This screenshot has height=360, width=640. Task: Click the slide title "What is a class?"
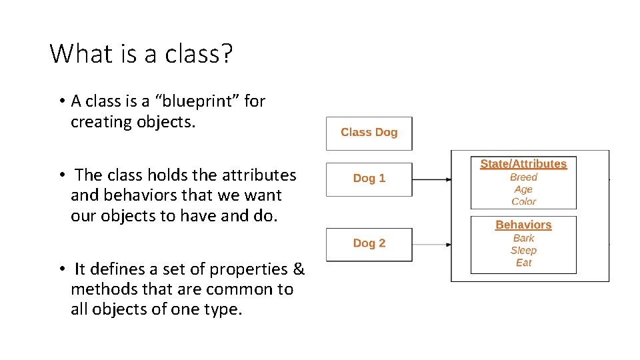point(141,53)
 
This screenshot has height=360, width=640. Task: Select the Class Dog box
point(369,133)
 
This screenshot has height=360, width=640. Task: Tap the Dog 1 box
point(369,179)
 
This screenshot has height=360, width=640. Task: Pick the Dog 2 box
point(369,243)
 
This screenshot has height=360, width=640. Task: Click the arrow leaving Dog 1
point(432,179)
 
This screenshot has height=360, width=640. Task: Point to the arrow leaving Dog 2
point(432,244)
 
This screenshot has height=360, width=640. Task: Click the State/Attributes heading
point(523,164)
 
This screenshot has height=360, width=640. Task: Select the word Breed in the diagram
point(523,177)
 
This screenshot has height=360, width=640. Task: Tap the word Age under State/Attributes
point(523,189)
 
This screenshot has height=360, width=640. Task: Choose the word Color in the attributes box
point(523,201)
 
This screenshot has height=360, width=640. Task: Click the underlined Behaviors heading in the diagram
point(523,225)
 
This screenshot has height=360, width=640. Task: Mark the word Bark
point(523,238)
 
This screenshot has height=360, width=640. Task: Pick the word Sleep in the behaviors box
point(523,251)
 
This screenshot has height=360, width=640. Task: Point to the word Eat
point(523,263)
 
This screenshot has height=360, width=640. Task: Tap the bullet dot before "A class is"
point(60,102)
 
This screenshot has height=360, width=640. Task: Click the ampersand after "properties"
point(299,269)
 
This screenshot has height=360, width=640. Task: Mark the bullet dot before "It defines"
point(60,269)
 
